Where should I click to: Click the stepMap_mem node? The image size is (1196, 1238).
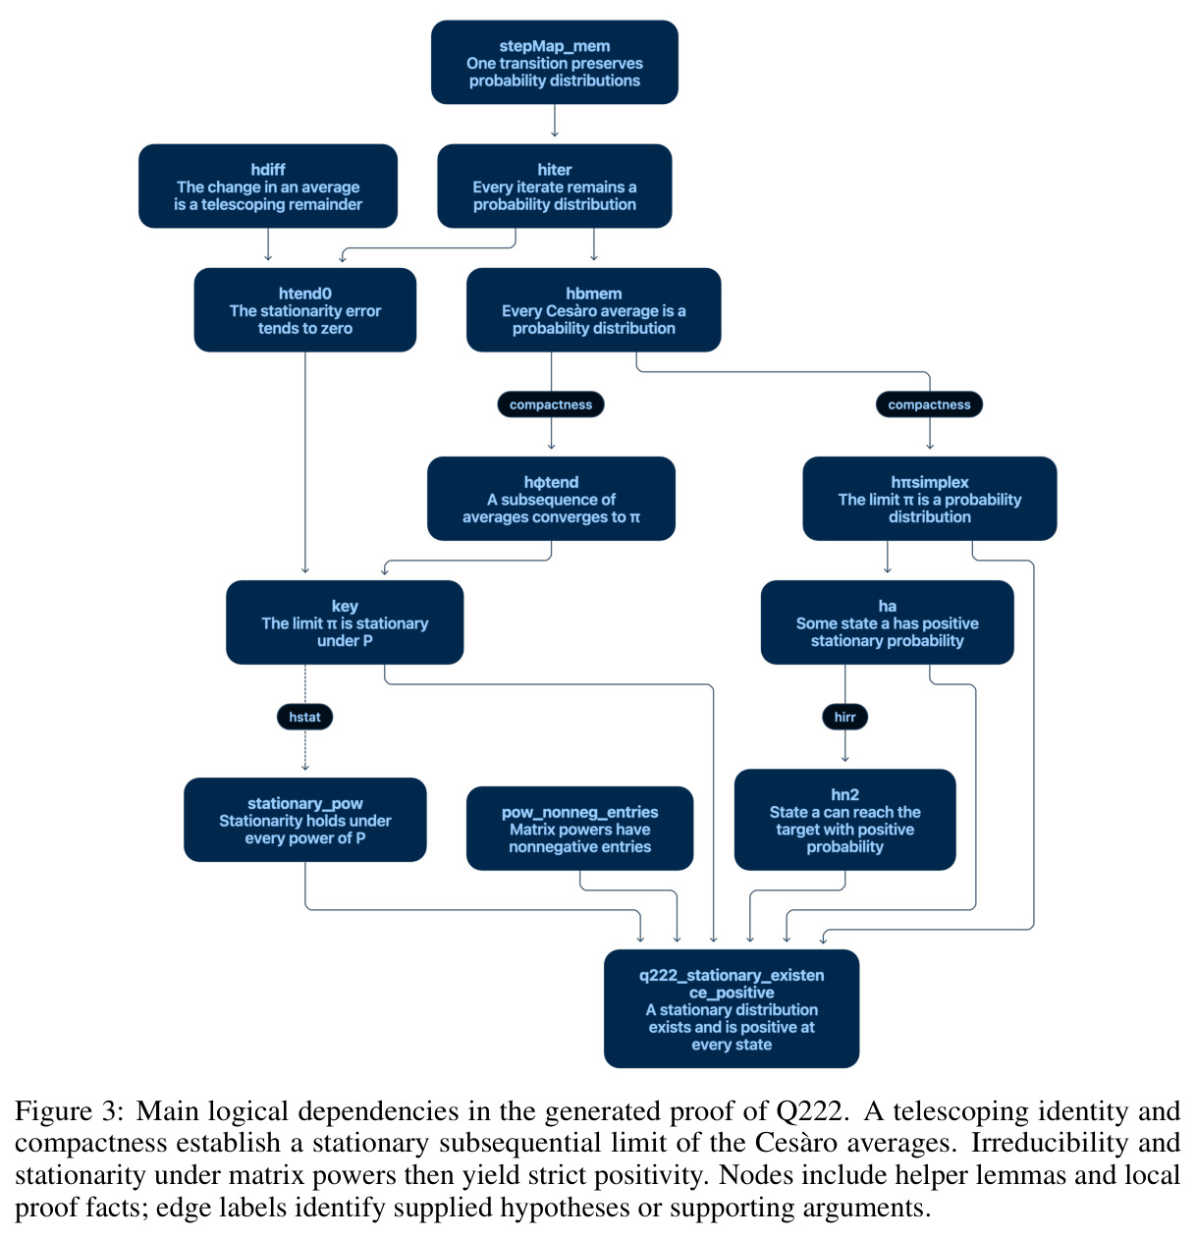[x=554, y=63]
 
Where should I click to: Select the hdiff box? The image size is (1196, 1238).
[x=268, y=186]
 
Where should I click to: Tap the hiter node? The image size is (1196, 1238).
[x=554, y=186]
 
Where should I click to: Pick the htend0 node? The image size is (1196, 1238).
[x=304, y=310]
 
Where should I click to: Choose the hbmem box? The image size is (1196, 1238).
[x=593, y=310]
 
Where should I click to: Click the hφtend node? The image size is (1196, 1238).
[x=551, y=499]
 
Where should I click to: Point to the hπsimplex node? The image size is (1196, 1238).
[x=930, y=499]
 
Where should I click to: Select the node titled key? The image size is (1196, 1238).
[x=345, y=622]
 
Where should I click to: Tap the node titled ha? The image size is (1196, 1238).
[x=887, y=622]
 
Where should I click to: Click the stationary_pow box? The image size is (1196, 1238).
[x=304, y=820]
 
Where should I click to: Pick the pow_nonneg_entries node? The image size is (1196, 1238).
[x=579, y=829]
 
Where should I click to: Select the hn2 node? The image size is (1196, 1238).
[x=844, y=820]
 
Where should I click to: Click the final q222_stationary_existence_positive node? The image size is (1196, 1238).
[x=732, y=1009]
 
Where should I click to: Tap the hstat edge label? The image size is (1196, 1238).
[x=304, y=717]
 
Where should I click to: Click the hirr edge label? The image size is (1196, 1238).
[x=844, y=717]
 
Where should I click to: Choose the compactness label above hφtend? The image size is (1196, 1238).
[x=551, y=404]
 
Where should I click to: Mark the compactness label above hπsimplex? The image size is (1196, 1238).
[x=930, y=404]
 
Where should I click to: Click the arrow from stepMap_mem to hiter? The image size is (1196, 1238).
[x=554, y=121]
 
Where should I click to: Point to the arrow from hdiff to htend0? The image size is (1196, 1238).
[x=268, y=244]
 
